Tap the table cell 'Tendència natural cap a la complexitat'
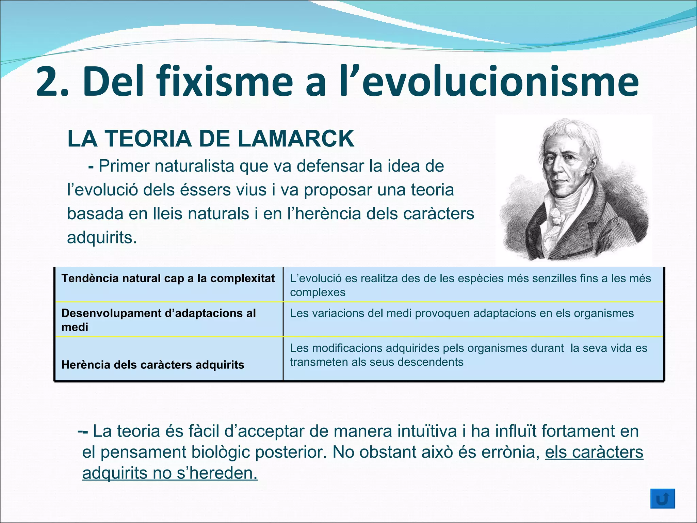pos(168,279)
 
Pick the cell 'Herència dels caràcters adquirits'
pos(153,365)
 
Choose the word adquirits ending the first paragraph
pos(102,238)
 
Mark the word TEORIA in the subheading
pos(148,139)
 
